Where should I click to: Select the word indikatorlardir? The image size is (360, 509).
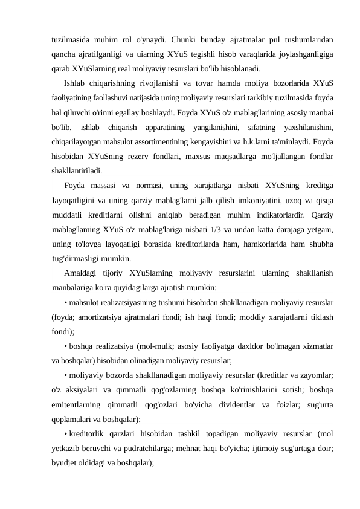point(273,215)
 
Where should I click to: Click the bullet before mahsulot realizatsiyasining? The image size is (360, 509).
point(65,302)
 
